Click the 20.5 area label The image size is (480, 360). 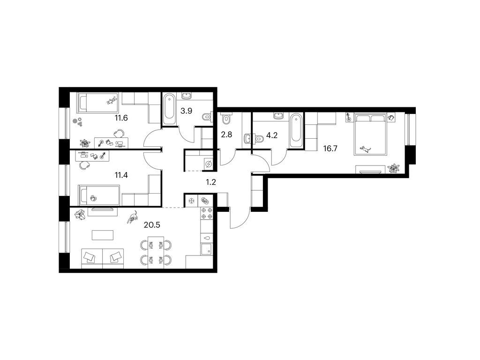(152, 225)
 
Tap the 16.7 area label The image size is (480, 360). (330, 149)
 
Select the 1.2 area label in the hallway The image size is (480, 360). (211, 182)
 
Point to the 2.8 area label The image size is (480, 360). (226, 135)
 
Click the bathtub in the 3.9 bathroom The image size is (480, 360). (169, 109)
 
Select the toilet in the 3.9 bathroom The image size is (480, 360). (207, 117)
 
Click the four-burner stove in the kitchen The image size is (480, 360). (207, 213)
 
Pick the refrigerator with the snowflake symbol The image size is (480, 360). (192, 201)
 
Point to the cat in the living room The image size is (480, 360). (132, 217)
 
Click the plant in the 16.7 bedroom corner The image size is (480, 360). (394, 168)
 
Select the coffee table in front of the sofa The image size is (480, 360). (103, 235)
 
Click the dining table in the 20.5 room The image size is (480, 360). (156, 253)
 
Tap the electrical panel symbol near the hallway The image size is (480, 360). (209, 164)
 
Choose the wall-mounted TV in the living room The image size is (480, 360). (102, 210)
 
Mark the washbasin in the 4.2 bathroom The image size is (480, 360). (278, 115)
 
